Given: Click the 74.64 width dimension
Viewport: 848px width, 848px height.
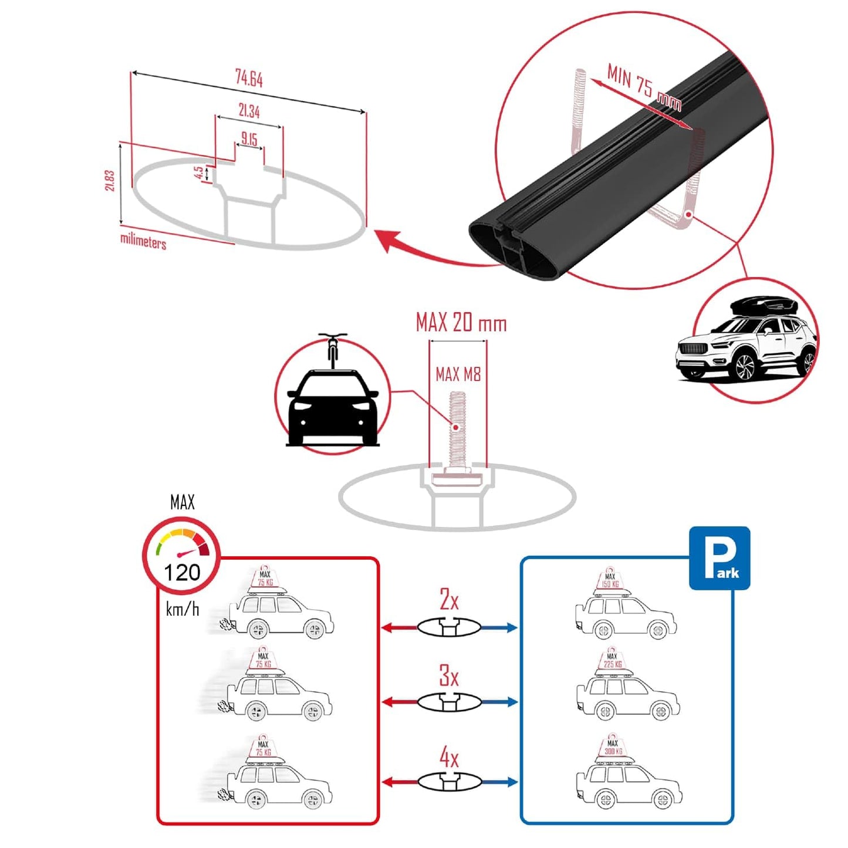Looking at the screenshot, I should coord(249,77).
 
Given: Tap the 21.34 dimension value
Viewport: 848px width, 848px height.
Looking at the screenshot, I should coord(249,110).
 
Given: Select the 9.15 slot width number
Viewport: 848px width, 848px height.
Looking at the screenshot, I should coord(249,139).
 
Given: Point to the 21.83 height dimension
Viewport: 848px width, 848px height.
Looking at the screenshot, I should coord(110,180).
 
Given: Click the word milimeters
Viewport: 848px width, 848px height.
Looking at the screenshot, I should coord(143,241).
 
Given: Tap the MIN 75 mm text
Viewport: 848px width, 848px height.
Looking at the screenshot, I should coord(644,87).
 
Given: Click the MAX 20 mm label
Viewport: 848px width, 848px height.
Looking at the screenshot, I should coord(461,323).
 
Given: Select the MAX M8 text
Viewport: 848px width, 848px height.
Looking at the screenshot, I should coord(458,374).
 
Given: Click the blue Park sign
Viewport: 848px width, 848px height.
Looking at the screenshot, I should coord(719,558).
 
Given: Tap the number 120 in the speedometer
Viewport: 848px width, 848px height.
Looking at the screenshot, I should coord(182,572).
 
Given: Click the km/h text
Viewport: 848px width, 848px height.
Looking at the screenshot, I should coord(182,609).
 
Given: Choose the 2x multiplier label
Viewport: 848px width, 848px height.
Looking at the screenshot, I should coord(449,600).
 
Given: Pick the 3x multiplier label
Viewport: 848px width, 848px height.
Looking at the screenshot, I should coord(449,676).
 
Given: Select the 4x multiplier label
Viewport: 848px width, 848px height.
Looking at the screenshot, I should coord(449,758).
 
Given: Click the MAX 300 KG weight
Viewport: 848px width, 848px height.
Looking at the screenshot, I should coord(612,747).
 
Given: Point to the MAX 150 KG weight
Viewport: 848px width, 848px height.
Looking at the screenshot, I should coord(610,580).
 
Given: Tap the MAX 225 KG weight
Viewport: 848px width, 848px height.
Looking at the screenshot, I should coord(612,661).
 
